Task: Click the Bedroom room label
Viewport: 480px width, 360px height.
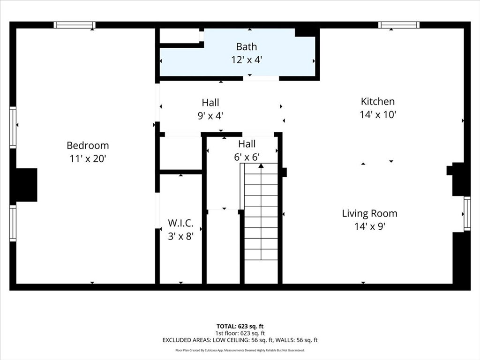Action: tap(88, 145)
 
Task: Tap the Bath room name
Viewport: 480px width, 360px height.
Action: tap(247, 47)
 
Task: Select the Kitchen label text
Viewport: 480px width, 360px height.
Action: tap(378, 101)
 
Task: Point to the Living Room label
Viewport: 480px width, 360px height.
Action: tap(369, 213)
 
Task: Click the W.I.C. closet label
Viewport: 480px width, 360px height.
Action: tap(180, 223)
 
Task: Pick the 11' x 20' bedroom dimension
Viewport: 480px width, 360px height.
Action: tap(88, 158)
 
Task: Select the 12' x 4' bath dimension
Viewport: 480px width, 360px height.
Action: tap(247, 60)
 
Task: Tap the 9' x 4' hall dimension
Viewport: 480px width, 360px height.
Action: tap(210, 116)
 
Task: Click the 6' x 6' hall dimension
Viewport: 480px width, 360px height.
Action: tap(247, 157)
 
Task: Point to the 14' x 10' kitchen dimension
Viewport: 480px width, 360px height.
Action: tap(378, 114)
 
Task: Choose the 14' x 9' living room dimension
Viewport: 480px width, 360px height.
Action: tap(369, 226)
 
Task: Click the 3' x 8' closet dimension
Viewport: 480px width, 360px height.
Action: tap(180, 236)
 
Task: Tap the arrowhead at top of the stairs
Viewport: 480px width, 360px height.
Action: tap(261, 165)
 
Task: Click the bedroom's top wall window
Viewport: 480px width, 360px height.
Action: tap(75, 25)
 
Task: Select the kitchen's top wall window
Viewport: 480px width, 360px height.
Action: tap(398, 25)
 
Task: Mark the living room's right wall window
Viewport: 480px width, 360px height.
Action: tap(467, 213)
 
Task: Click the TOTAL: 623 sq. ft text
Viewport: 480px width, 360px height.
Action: tap(240, 326)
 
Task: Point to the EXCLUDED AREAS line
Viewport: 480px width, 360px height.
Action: tap(240, 340)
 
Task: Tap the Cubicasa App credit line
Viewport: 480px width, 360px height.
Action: tap(240, 350)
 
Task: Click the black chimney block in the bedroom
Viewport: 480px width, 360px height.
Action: tap(26, 185)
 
